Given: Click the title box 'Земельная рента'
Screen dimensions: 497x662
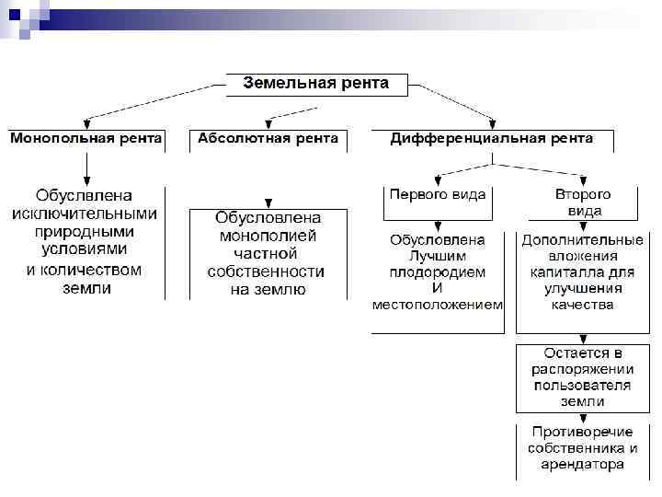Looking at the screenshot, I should [315, 84].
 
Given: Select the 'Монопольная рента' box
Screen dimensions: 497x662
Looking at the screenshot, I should [86, 139].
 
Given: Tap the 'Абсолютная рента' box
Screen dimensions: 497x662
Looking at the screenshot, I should [268, 139].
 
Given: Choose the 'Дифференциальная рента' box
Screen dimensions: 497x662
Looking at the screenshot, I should [492, 139].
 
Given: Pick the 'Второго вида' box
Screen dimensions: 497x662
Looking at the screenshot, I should [583, 202].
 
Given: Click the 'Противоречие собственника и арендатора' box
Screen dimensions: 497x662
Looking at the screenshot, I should [582, 448].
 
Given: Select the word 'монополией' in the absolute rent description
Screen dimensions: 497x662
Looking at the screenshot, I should [268, 236].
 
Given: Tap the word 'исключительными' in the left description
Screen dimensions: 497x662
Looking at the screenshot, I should [86, 214].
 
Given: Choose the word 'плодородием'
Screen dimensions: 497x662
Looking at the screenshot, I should [438, 272].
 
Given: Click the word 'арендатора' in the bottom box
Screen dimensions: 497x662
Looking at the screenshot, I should [582, 465].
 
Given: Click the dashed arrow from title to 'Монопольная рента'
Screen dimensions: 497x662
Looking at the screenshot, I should [152, 101].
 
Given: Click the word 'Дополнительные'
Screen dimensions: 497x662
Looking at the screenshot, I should [582, 239].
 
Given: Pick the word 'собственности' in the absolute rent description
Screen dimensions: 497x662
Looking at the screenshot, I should [268, 272].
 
